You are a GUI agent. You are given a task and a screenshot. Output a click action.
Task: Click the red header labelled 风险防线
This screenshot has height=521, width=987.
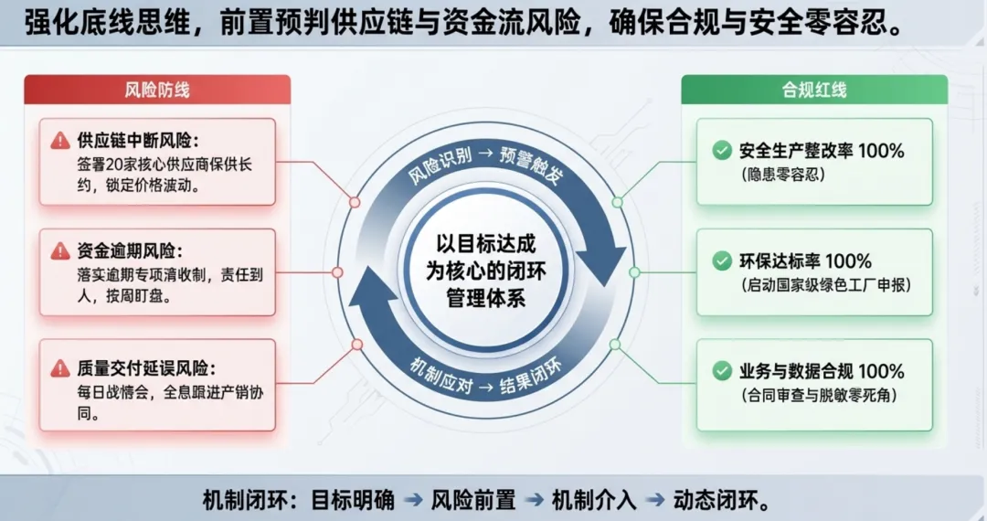(157, 90)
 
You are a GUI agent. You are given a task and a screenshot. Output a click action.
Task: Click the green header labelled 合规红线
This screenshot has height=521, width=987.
(813, 90)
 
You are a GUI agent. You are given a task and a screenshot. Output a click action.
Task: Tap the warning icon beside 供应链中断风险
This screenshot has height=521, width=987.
(60, 141)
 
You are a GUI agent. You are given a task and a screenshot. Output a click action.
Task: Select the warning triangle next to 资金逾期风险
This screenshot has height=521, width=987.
(60, 250)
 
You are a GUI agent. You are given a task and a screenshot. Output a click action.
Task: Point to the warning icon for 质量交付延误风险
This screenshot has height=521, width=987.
(60, 368)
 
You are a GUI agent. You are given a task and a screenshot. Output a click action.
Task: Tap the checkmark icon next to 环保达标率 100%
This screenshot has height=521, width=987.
(723, 261)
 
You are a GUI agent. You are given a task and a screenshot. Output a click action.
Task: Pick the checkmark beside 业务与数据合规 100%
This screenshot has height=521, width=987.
(723, 372)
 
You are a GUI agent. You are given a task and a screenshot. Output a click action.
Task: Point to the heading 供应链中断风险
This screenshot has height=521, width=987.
(137, 141)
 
